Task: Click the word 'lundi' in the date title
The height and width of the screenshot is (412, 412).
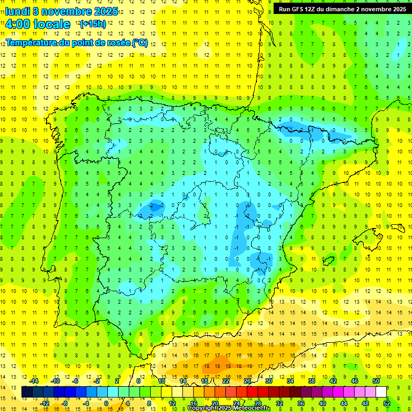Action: pyautogui.click(x=17, y=12)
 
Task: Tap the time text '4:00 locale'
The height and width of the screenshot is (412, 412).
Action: pyautogui.click(x=38, y=24)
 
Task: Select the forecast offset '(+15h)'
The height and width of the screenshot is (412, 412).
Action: pyautogui.click(x=92, y=24)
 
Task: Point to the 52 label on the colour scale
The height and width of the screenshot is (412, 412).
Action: pyautogui.click(x=386, y=403)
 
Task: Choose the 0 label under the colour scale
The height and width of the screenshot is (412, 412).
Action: pyautogui.click(x=106, y=403)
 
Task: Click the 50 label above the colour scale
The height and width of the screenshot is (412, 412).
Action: pyautogui.click(x=376, y=381)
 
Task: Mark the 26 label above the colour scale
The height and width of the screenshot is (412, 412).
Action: pyautogui.click(x=247, y=381)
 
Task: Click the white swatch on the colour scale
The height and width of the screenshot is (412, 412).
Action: pyautogui.click(x=381, y=392)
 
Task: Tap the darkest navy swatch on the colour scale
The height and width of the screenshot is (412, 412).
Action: pyautogui.click(x=27, y=392)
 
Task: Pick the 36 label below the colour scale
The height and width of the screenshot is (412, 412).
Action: pyautogui.click(x=300, y=403)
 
